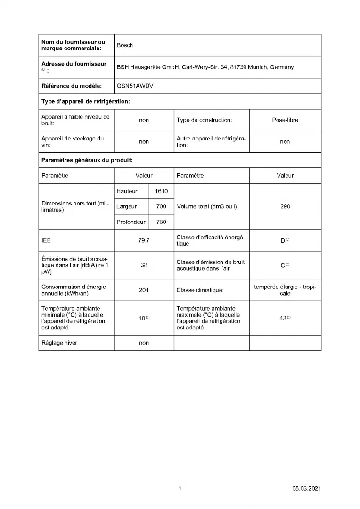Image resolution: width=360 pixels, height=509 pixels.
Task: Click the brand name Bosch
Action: (125, 45)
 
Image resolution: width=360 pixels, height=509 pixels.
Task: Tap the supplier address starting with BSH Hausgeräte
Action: (205, 67)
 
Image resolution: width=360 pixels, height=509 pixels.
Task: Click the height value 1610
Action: (161, 191)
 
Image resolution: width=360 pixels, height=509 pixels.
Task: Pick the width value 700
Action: (161, 206)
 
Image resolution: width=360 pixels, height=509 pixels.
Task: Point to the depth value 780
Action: (161, 222)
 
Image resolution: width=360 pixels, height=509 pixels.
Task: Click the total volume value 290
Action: (285, 206)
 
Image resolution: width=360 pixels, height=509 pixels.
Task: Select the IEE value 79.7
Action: (144, 240)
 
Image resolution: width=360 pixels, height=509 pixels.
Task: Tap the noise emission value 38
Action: (144, 265)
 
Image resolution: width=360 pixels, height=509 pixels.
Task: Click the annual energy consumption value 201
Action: (144, 290)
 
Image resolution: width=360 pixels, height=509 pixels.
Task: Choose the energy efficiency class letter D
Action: (283, 241)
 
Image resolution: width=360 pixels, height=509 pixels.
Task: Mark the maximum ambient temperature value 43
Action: (283, 318)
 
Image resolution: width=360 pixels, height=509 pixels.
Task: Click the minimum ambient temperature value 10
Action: (142, 318)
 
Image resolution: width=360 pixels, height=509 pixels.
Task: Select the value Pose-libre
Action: (285, 120)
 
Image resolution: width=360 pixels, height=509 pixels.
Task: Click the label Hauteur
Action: (127, 191)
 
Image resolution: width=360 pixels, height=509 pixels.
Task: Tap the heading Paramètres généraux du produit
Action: (87, 160)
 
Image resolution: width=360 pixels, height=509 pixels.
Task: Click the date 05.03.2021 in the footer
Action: (306, 488)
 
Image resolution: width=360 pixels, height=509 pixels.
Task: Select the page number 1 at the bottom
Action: (180, 488)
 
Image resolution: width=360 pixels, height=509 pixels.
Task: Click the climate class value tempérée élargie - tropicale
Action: (285, 290)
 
